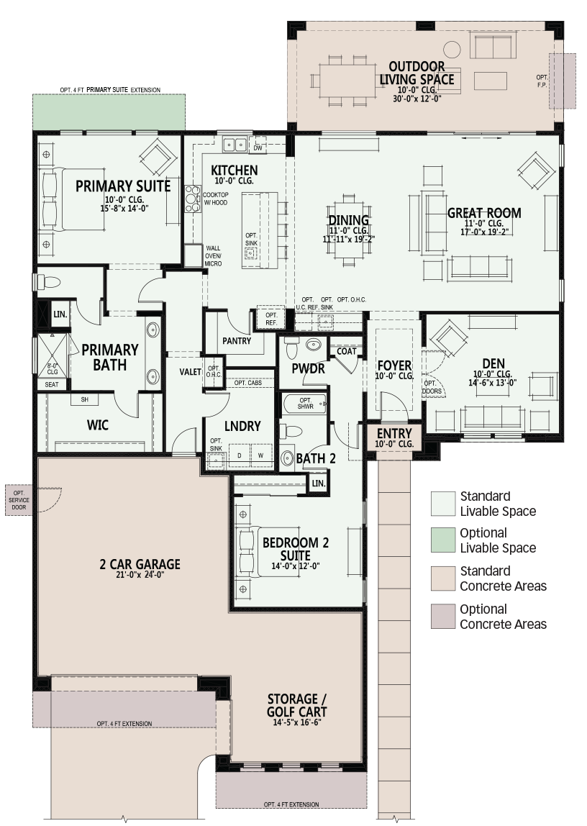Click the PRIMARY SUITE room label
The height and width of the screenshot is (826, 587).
coord(123,186)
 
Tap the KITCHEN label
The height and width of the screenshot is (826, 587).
coord(235,170)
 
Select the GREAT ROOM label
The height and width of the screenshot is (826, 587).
coord(484,213)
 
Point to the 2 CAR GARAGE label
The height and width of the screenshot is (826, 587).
coord(140,564)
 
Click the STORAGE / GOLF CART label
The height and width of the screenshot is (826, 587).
coord(297,705)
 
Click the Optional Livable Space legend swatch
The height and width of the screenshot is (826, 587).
coord(442,540)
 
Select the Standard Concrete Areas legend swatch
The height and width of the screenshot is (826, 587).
coord(442,578)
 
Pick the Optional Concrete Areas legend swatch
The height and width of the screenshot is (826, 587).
coord(442,617)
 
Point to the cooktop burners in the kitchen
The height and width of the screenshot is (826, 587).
coord(193,199)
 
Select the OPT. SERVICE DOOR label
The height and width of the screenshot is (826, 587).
coord(19,500)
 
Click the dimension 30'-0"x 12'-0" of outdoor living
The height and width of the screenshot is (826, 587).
coord(417,99)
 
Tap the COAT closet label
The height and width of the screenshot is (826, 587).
coord(347,351)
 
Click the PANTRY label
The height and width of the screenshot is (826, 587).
coord(237,341)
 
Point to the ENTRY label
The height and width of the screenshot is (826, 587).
coord(394,433)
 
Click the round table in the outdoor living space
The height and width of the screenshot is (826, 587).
coord(451,50)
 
